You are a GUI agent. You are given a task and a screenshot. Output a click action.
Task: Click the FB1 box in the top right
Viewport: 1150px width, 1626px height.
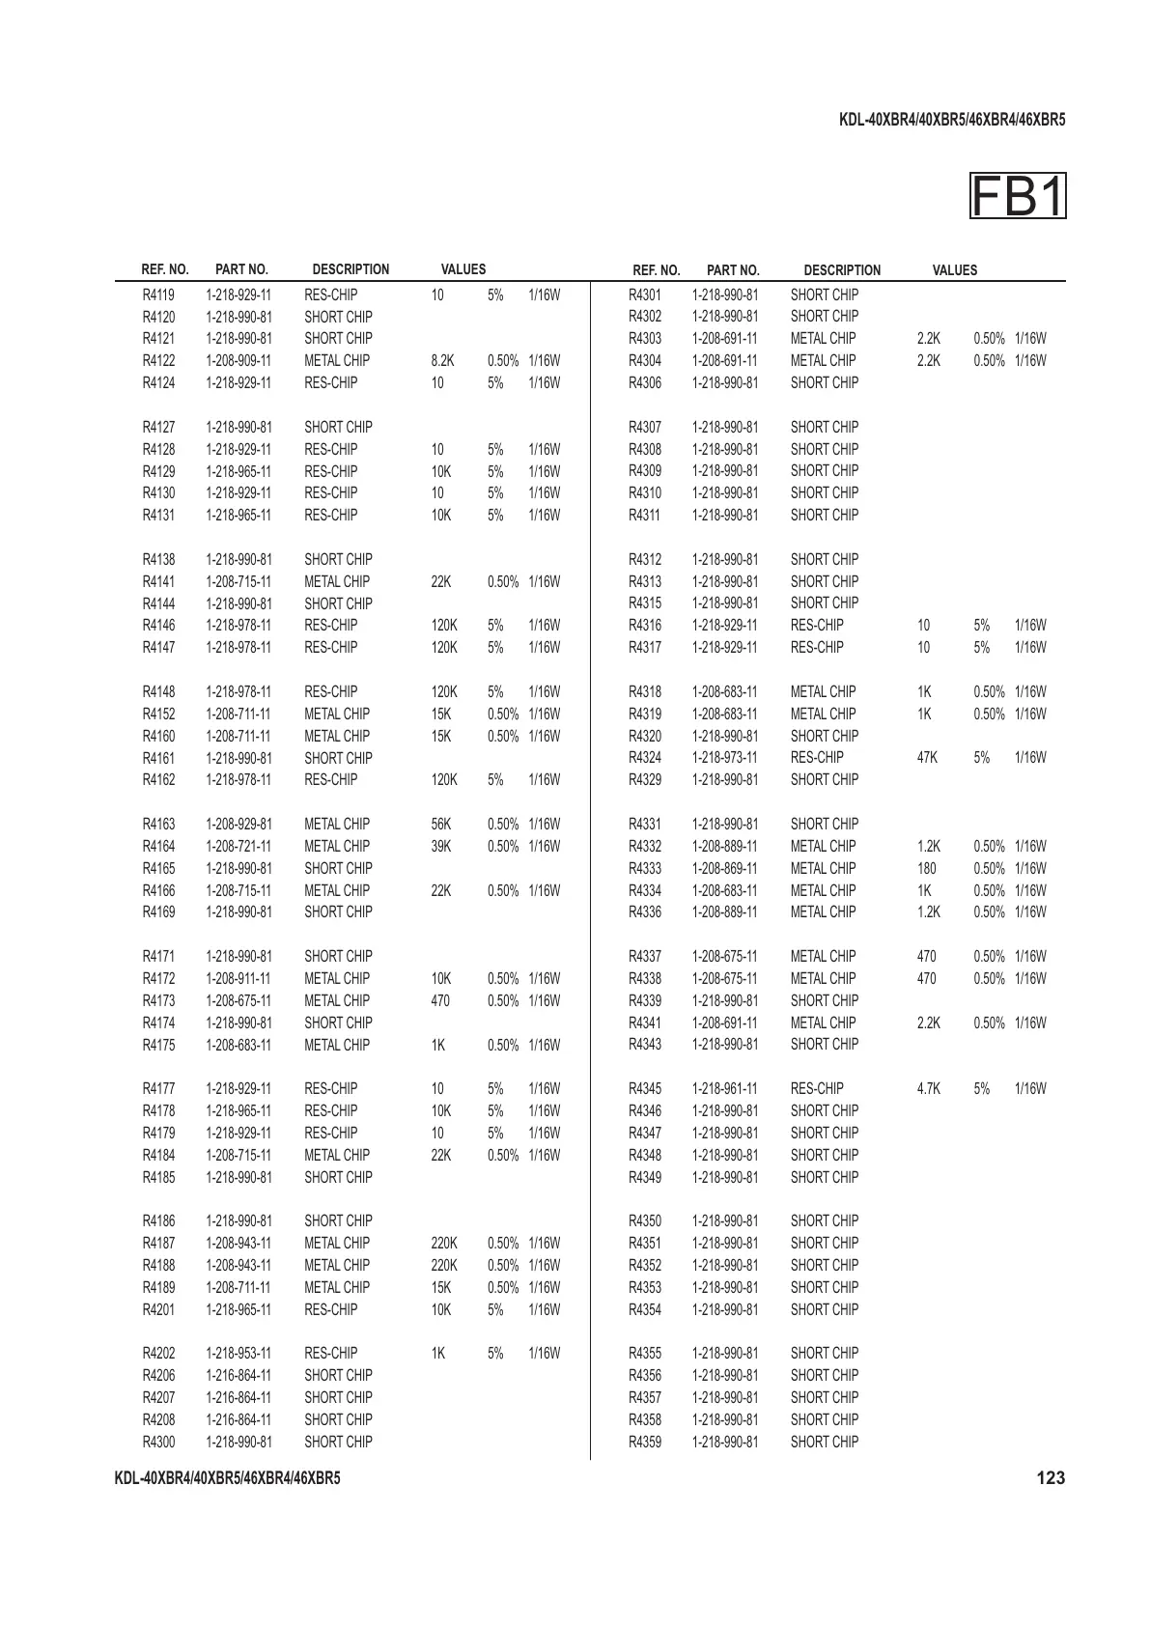[1018, 196]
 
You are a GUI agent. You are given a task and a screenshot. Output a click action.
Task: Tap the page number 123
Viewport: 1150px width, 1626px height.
[1051, 1477]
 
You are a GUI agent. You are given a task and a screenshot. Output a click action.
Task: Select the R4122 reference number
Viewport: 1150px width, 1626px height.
[159, 361]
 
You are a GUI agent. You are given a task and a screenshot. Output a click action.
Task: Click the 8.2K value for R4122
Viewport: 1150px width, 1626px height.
[442, 361]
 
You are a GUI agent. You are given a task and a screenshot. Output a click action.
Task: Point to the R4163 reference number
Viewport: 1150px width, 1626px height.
[159, 825]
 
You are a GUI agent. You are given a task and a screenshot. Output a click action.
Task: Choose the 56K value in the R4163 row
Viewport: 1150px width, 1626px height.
[441, 825]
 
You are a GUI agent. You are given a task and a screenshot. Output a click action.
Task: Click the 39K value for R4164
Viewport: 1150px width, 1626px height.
[441, 847]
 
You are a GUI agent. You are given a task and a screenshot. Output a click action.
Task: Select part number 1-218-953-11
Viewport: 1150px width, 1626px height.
[238, 1354]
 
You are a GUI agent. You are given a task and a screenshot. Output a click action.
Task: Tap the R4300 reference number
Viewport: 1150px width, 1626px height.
[159, 1443]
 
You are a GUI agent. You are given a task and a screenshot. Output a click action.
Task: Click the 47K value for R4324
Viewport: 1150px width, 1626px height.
[927, 758]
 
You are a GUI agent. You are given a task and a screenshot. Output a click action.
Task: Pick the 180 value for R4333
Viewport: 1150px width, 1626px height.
[926, 869]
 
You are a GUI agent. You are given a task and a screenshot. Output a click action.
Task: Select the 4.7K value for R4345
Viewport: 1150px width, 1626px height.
[928, 1089]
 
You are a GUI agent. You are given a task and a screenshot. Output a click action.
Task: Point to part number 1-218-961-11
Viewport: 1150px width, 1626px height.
[725, 1089]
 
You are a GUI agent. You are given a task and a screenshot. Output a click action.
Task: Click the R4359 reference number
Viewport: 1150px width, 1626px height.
[645, 1443]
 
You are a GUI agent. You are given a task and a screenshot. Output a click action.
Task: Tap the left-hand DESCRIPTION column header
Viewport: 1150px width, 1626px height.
[351, 270]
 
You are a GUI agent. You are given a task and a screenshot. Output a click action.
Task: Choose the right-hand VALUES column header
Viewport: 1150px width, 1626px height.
[954, 270]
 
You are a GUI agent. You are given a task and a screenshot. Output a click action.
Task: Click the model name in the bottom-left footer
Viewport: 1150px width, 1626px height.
[227, 1478]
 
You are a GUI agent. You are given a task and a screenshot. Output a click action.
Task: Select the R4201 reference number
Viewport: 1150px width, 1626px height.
[159, 1310]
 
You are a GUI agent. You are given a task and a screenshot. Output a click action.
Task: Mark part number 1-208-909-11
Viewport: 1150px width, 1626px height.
[238, 361]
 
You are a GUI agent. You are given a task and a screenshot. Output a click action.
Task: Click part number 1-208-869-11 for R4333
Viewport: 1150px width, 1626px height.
[725, 869]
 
